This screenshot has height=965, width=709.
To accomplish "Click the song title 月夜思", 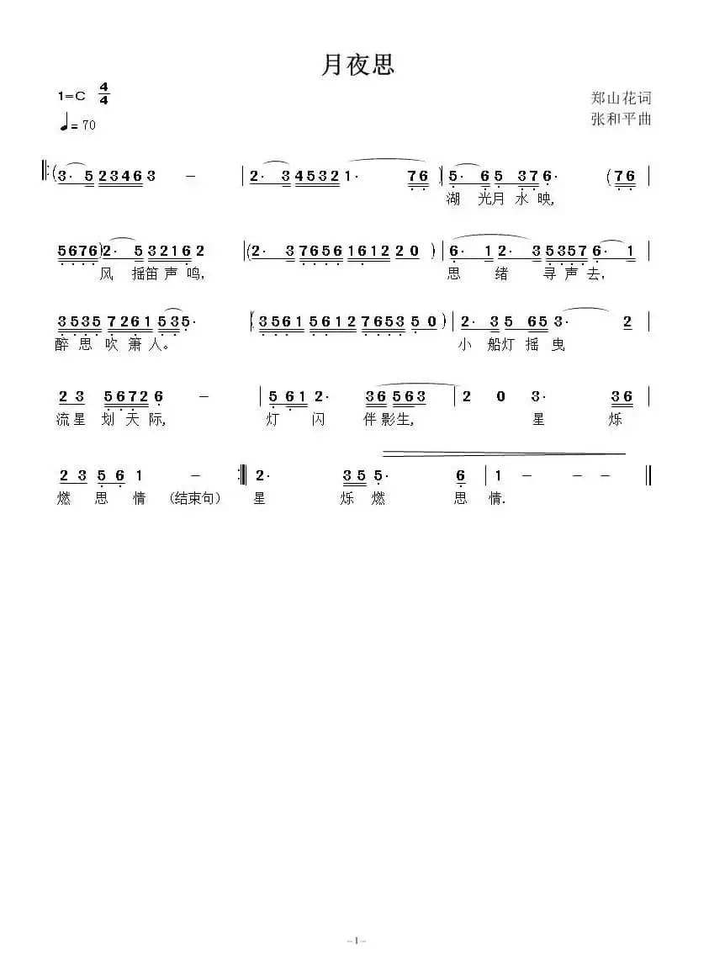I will coord(357,66).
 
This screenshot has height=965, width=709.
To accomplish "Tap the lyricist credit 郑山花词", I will coord(622,98).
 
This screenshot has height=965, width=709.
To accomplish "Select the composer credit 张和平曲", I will coord(622,119).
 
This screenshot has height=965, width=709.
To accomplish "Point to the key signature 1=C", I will coord(72,96).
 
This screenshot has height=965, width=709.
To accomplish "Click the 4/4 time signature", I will coord(104,93).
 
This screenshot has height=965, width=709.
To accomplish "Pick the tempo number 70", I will coord(88,125).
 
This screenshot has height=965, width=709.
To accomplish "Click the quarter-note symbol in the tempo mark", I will coord(64,123).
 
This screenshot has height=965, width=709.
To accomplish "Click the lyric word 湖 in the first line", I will coord(454,199).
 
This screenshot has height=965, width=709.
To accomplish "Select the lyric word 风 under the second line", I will coord(105,273).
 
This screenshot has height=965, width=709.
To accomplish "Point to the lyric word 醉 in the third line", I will coord(62,345).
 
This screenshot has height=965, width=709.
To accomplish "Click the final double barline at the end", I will coord(648,476).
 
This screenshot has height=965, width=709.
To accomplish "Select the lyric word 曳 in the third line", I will coord(558,345).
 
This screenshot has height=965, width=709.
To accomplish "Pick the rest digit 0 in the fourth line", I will coord(500,396).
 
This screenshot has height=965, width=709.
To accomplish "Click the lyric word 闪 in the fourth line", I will coord(318,420).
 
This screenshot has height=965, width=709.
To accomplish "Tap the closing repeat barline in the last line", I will coord(243,476).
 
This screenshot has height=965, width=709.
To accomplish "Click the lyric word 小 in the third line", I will coord(465,345).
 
